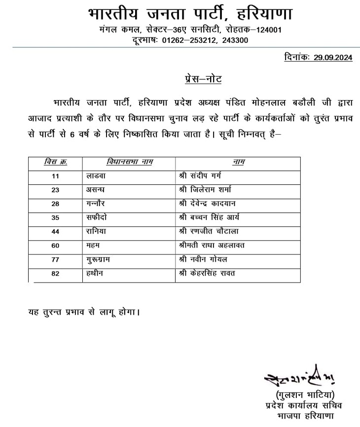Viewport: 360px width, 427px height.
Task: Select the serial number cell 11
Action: click(55, 176)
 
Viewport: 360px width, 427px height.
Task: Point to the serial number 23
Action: click(55, 189)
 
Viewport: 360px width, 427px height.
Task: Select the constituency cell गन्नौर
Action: click(96, 203)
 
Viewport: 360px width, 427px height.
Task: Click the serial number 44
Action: click(55, 230)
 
